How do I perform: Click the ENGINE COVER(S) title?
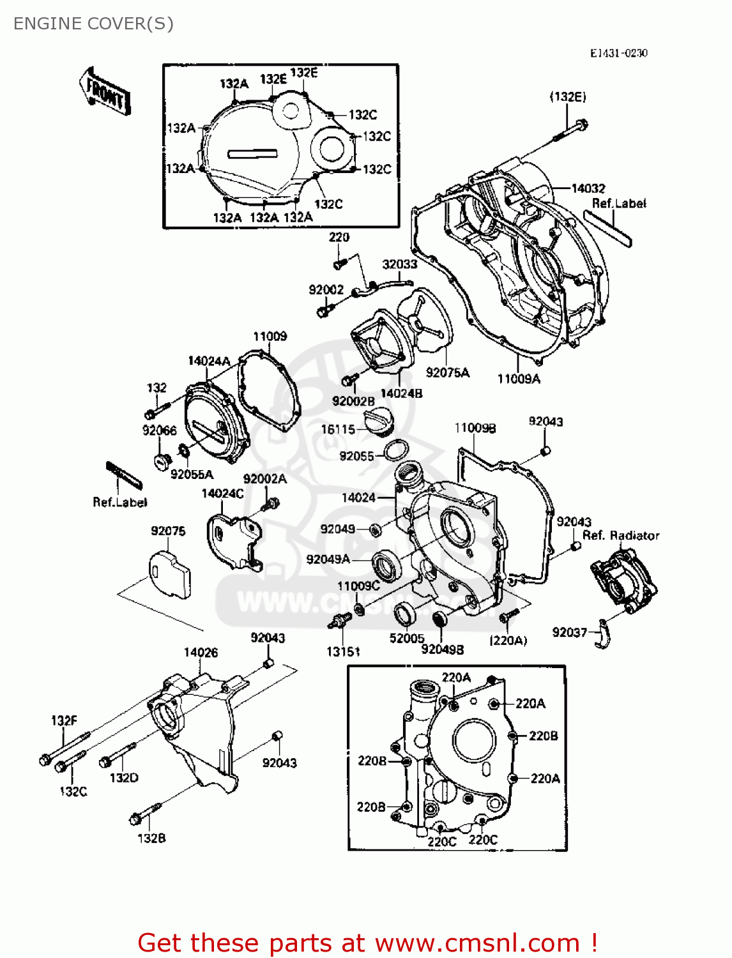coord(93,24)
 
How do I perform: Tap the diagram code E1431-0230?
coord(618,53)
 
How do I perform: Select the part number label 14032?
coord(588,188)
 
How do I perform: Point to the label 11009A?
coord(519,379)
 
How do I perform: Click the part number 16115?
coord(337,429)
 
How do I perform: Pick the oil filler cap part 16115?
coord(381,423)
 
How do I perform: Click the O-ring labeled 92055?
coord(396,450)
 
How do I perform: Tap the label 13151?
coord(343,651)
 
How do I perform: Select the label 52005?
coord(407,638)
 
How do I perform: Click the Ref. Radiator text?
coord(620,535)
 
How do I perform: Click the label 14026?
coord(201,652)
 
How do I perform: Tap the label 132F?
coord(64,720)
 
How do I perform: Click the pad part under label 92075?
coord(170,575)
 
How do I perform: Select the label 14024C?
coord(222,493)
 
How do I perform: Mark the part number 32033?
coord(399,264)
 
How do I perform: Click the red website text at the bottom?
coord(367,943)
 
